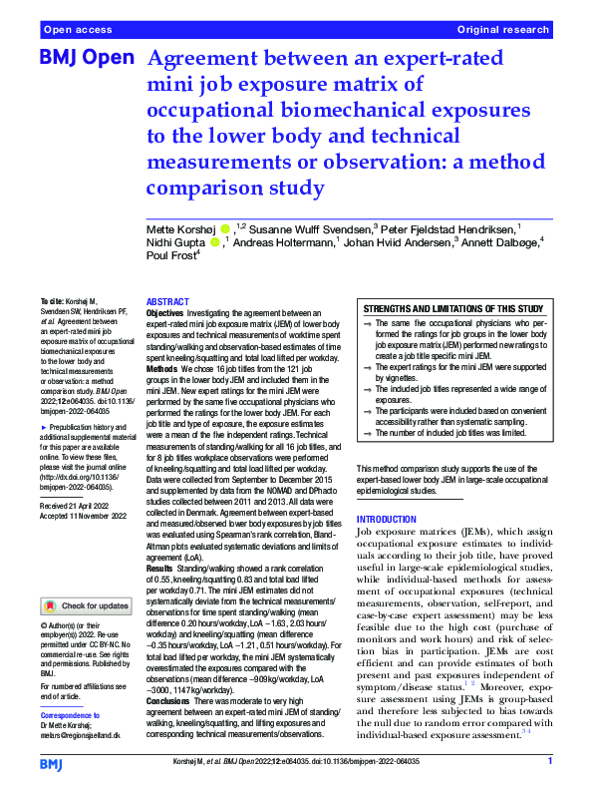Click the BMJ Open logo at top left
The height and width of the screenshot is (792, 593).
coord(86,57)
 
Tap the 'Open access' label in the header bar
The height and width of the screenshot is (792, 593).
coord(75,31)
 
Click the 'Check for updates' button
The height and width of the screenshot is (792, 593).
coord(87,605)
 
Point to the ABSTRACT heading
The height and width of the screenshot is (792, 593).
coord(166,301)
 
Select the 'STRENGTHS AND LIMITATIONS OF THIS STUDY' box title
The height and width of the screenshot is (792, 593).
coord(453,309)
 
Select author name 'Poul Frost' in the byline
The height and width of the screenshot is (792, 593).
coord(170,254)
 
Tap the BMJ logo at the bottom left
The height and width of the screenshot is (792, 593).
coord(52,763)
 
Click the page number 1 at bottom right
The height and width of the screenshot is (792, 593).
coord(549,762)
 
